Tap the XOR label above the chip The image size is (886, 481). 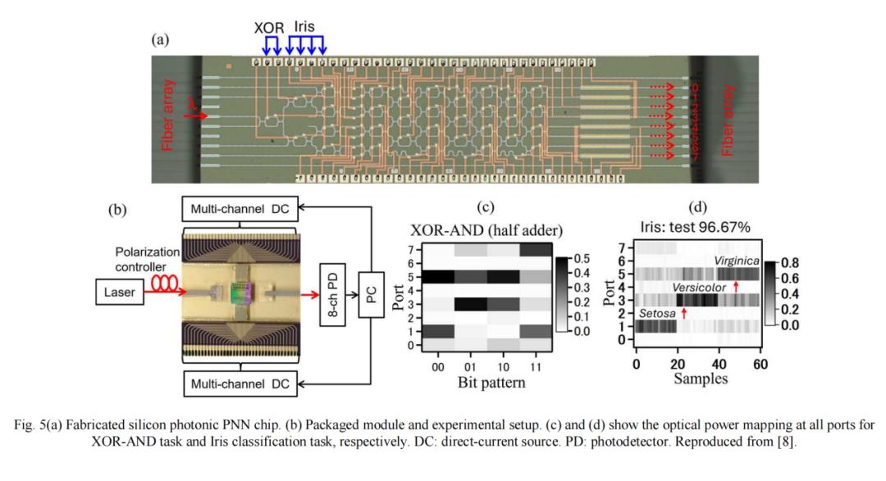pyautogui.click(x=268, y=27)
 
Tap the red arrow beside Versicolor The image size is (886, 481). pyautogui.click(x=736, y=286)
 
